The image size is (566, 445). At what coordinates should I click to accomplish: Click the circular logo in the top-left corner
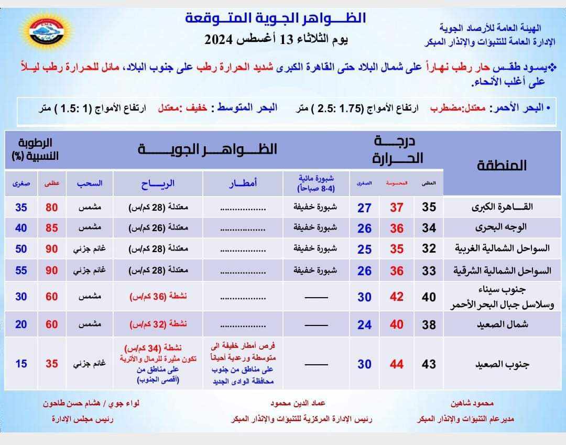click(47, 30)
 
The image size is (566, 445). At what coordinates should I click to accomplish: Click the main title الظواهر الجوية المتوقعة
click(276, 18)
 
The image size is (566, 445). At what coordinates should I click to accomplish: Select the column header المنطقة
click(502, 166)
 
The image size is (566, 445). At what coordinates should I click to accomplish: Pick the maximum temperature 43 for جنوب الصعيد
click(429, 364)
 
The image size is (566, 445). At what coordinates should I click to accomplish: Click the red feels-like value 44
click(397, 364)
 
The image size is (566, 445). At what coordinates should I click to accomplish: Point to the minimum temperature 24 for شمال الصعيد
click(364, 325)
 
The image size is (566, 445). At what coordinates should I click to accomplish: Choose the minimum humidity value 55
click(21, 270)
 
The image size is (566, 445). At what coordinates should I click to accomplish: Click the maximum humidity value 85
click(51, 229)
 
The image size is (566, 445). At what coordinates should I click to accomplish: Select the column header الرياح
click(158, 183)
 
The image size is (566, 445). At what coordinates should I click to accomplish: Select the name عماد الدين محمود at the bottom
click(298, 404)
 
